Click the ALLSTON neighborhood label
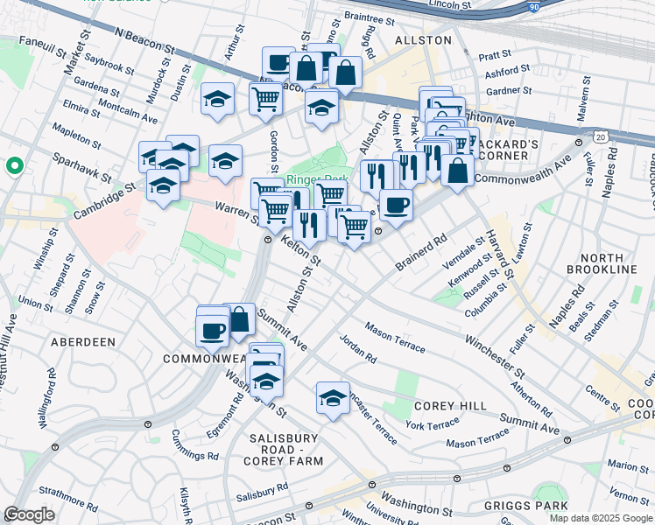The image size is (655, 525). pyautogui.click(x=423, y=40)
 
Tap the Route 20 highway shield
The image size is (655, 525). pyautogui.click(x=599, y=137)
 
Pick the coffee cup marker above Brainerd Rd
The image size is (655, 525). pyautogui.click(x=396, y=205)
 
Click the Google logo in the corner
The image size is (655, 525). pyautogui.click(x=29, y=514)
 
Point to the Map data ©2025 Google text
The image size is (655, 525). pyautogui.click(x=601, y=518)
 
